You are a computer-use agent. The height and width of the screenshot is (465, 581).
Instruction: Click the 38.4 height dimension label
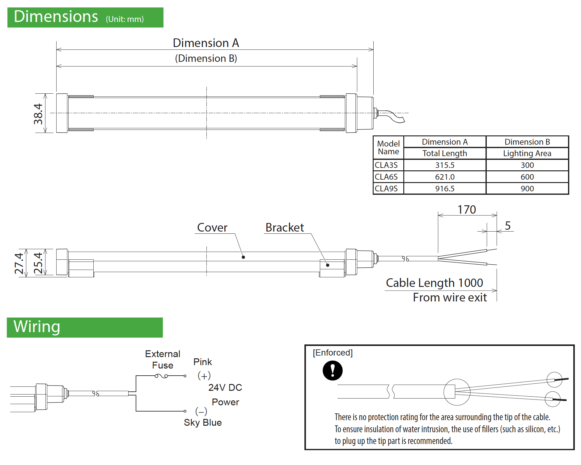38,114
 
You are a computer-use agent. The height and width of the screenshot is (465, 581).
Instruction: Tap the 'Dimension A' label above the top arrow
206,43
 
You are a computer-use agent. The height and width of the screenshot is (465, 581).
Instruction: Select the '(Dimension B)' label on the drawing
206,58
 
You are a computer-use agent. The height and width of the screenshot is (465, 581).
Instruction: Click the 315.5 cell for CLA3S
445,165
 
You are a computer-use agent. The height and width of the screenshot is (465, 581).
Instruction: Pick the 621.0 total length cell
445,177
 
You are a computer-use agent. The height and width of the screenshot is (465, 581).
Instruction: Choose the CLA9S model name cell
386,189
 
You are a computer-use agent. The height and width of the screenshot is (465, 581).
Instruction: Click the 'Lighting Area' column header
527,153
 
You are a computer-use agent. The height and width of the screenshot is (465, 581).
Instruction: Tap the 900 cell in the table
527,189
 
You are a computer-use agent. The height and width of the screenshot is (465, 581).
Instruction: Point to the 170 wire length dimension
467,210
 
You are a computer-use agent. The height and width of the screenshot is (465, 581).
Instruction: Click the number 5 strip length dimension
507,226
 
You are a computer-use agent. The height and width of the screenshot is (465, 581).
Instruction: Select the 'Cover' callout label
212,228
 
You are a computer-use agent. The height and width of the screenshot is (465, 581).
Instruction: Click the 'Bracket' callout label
285,228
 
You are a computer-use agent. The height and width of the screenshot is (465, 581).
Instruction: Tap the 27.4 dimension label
19,263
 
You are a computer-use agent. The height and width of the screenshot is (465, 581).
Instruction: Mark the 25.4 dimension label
38,263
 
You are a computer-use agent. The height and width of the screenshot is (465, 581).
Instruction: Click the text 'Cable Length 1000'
434,283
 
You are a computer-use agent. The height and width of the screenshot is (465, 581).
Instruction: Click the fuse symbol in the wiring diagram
161,376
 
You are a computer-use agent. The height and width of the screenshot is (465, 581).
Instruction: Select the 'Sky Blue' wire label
203,423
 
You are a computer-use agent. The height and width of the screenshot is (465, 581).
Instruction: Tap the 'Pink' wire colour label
202,362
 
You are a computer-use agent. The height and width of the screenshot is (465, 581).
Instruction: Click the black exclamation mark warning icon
333,370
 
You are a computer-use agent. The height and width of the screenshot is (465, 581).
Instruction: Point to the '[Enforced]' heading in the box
333,353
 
